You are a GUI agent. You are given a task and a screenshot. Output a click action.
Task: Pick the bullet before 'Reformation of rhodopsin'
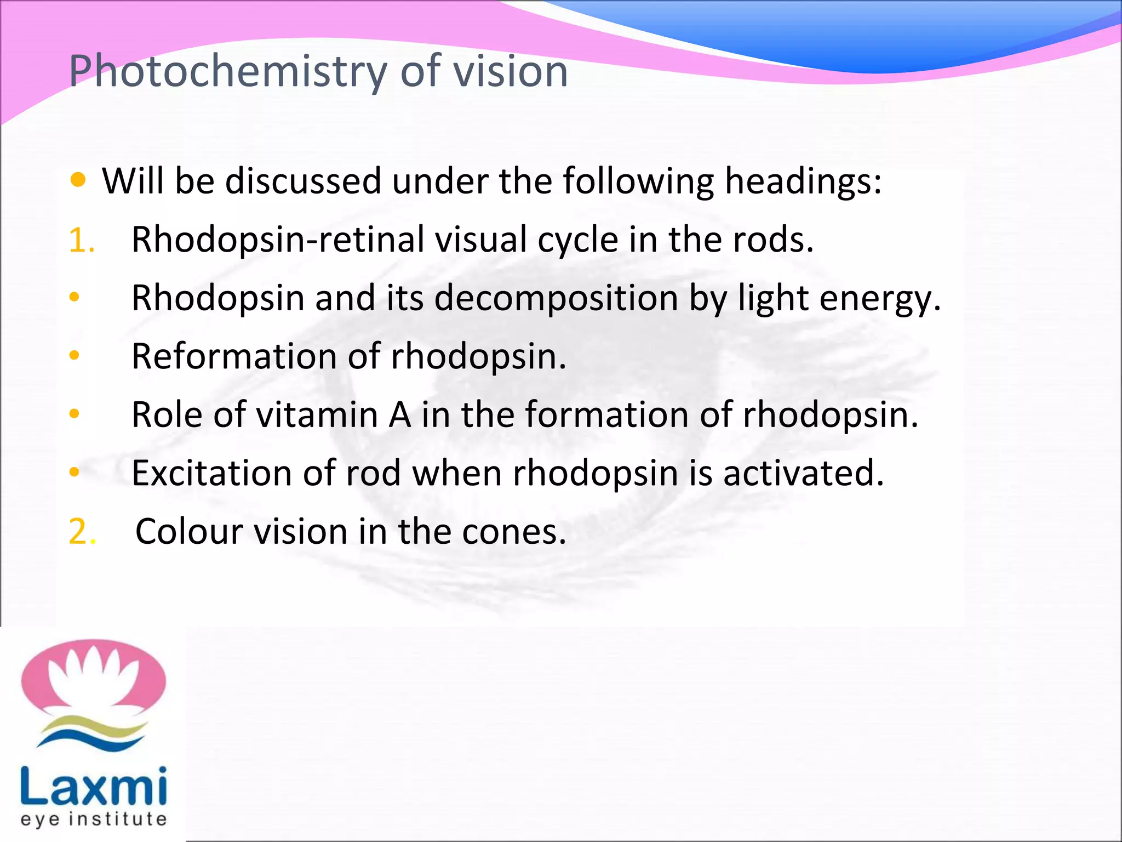point(75,356)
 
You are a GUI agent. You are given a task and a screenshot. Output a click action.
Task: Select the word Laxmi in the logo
point(94,787)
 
